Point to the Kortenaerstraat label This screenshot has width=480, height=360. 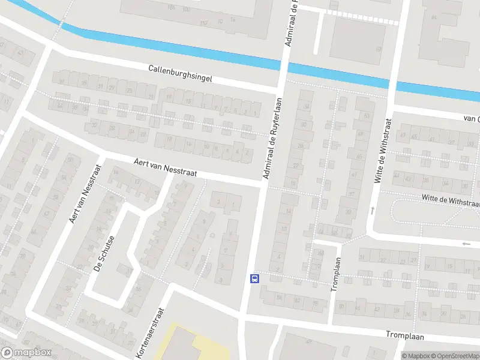tap(150, 334)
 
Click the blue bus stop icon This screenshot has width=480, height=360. tap(254, 278)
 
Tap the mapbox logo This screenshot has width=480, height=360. tap(26, 353)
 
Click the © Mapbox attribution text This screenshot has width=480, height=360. tap(417, 356)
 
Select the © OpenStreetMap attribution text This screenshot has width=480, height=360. tap(457, 356)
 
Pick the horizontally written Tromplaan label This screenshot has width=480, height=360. tap(404, 335)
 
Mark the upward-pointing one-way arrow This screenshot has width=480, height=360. tap(373, 210)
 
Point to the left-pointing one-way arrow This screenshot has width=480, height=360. tap(467, 244)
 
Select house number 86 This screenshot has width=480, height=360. tap(280, 297)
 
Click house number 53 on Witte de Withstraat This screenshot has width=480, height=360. tap(365, 116)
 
